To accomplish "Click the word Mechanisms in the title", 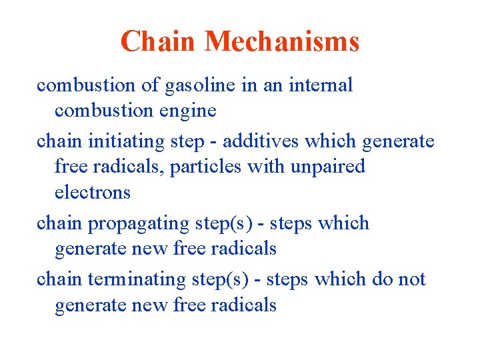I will pyautogui.click(x=282, y=41).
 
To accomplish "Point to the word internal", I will pyautogui.click(x=321, y=85).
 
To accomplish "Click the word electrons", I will pyautogui.click(x=93, y=192).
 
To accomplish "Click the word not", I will pyautogui.click(x=411, y=279).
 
